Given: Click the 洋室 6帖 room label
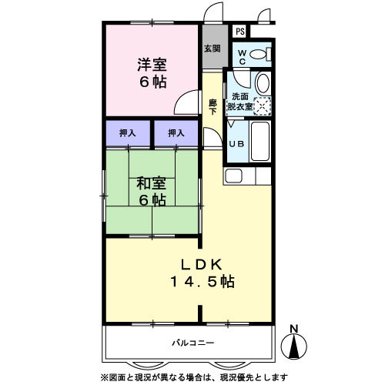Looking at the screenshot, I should coord(152,73).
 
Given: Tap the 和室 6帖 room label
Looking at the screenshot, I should coord(152,191).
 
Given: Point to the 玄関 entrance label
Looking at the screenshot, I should coord(212,48).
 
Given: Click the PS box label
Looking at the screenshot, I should coord(240,32).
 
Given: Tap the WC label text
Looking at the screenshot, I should coord(240,56).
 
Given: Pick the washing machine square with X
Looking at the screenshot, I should coord(263,107).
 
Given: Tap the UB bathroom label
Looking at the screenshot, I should coord(237,142).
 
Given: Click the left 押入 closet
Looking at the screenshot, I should coord(128,133).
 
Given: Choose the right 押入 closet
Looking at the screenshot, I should coord(176,133).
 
